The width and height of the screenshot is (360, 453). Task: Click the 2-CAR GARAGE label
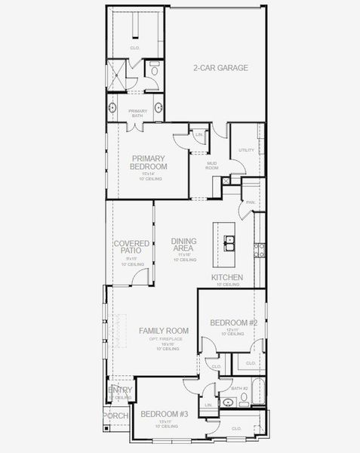[220, 67]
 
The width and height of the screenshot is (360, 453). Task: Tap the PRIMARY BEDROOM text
[149, 162]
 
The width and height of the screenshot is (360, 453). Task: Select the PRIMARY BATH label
[137, 113]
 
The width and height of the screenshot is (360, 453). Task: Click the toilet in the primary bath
[155, 72]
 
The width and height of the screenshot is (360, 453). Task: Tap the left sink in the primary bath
[112, 108]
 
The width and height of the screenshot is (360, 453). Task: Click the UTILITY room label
[246, 150]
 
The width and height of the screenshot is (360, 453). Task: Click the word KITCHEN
[226, 279]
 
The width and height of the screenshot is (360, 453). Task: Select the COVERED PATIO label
[131, 248]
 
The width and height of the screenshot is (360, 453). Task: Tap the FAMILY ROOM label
[163, 331]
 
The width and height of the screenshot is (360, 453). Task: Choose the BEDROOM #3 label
[163, 414]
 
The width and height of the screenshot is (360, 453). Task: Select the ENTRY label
[120, 390]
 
